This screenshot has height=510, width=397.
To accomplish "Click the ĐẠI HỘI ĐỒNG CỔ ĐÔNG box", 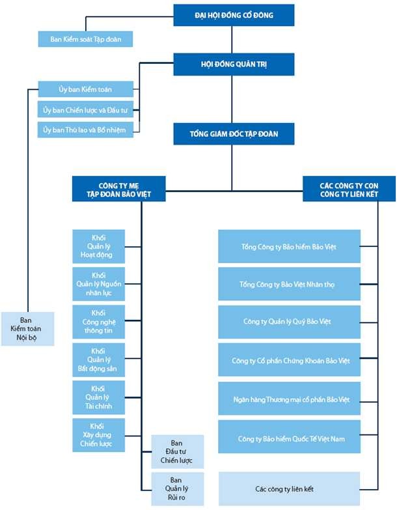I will (x=234, y=14).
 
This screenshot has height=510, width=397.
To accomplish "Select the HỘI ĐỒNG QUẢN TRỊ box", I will (x=234, y=64).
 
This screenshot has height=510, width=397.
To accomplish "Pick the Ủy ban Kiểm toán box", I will (x=86, y=89).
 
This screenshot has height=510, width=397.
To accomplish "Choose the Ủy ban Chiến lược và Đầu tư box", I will (x=86, y=109).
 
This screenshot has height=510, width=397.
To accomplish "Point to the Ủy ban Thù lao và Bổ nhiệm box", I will (x=86, y=130).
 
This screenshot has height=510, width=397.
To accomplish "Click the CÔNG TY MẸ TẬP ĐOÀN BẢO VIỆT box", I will (x=118, y=189).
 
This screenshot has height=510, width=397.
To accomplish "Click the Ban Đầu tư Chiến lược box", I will (x=177, y=452).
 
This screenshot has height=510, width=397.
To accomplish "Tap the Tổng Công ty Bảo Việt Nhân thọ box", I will (x=288, y=285).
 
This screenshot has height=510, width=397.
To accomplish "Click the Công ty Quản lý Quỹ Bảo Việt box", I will (x=288, y=322).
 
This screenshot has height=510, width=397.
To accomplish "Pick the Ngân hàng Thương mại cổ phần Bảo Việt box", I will (x=288, y=399).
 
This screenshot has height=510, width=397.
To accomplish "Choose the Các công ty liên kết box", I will (x=288, y=488).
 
